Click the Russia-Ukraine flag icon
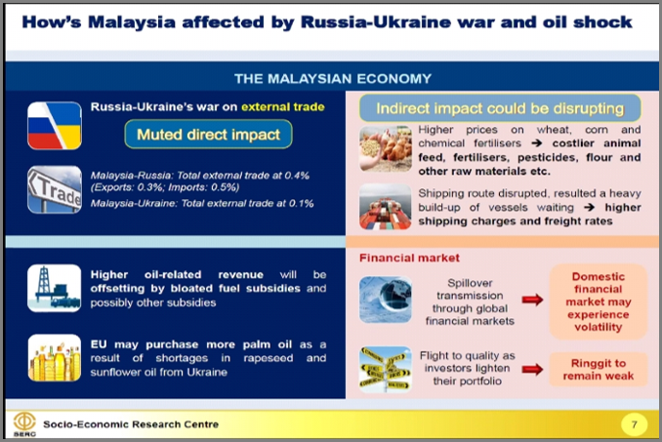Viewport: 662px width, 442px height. (x=55, y=126)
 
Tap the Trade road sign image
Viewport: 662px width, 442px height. (x=55, y=189)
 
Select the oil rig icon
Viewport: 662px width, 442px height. (x=55, y=288)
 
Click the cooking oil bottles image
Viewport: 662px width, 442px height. (x=55, y=358)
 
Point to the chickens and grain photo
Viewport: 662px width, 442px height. (x=386, y=148)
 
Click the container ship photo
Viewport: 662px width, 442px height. (x=386, y=207)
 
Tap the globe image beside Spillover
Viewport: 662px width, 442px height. (x=386, y=300)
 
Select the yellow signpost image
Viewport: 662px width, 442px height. (x=386, y=370)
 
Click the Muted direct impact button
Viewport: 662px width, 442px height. (x=209, y=134)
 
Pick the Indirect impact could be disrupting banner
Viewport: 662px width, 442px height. (x=500, y=108)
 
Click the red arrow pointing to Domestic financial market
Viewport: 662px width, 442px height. (x=532, y=300)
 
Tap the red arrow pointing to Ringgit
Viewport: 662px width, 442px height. (x=532, y=370)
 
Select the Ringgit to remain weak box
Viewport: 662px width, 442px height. (x=599, y=370)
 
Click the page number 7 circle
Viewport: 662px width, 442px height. (x=634, y=424)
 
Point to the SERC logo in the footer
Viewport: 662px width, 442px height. (x=24, y=424)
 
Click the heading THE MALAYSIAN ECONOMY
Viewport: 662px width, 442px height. (x=333, y=79)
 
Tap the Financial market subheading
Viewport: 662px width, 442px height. (x=409, y=258)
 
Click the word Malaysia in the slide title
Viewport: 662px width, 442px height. (x=131, y=22)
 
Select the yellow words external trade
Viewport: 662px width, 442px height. (x=283, y=106)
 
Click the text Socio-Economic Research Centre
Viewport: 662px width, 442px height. (x=131, y=424)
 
